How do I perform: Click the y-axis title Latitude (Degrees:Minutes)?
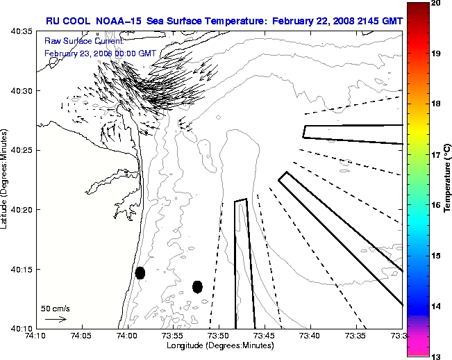pyautogui.click(x=6, y=179)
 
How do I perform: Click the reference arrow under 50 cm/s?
pyautogui.click(x=56, y=319)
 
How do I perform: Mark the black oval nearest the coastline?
pyautogui.click(x=140, y=272)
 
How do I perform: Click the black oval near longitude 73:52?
pyautogui.click(x=198, y=286)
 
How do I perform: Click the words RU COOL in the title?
pyautogui.click(x=68, y=22)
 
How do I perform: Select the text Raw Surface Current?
pyautogui.click(x=74, y=42)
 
